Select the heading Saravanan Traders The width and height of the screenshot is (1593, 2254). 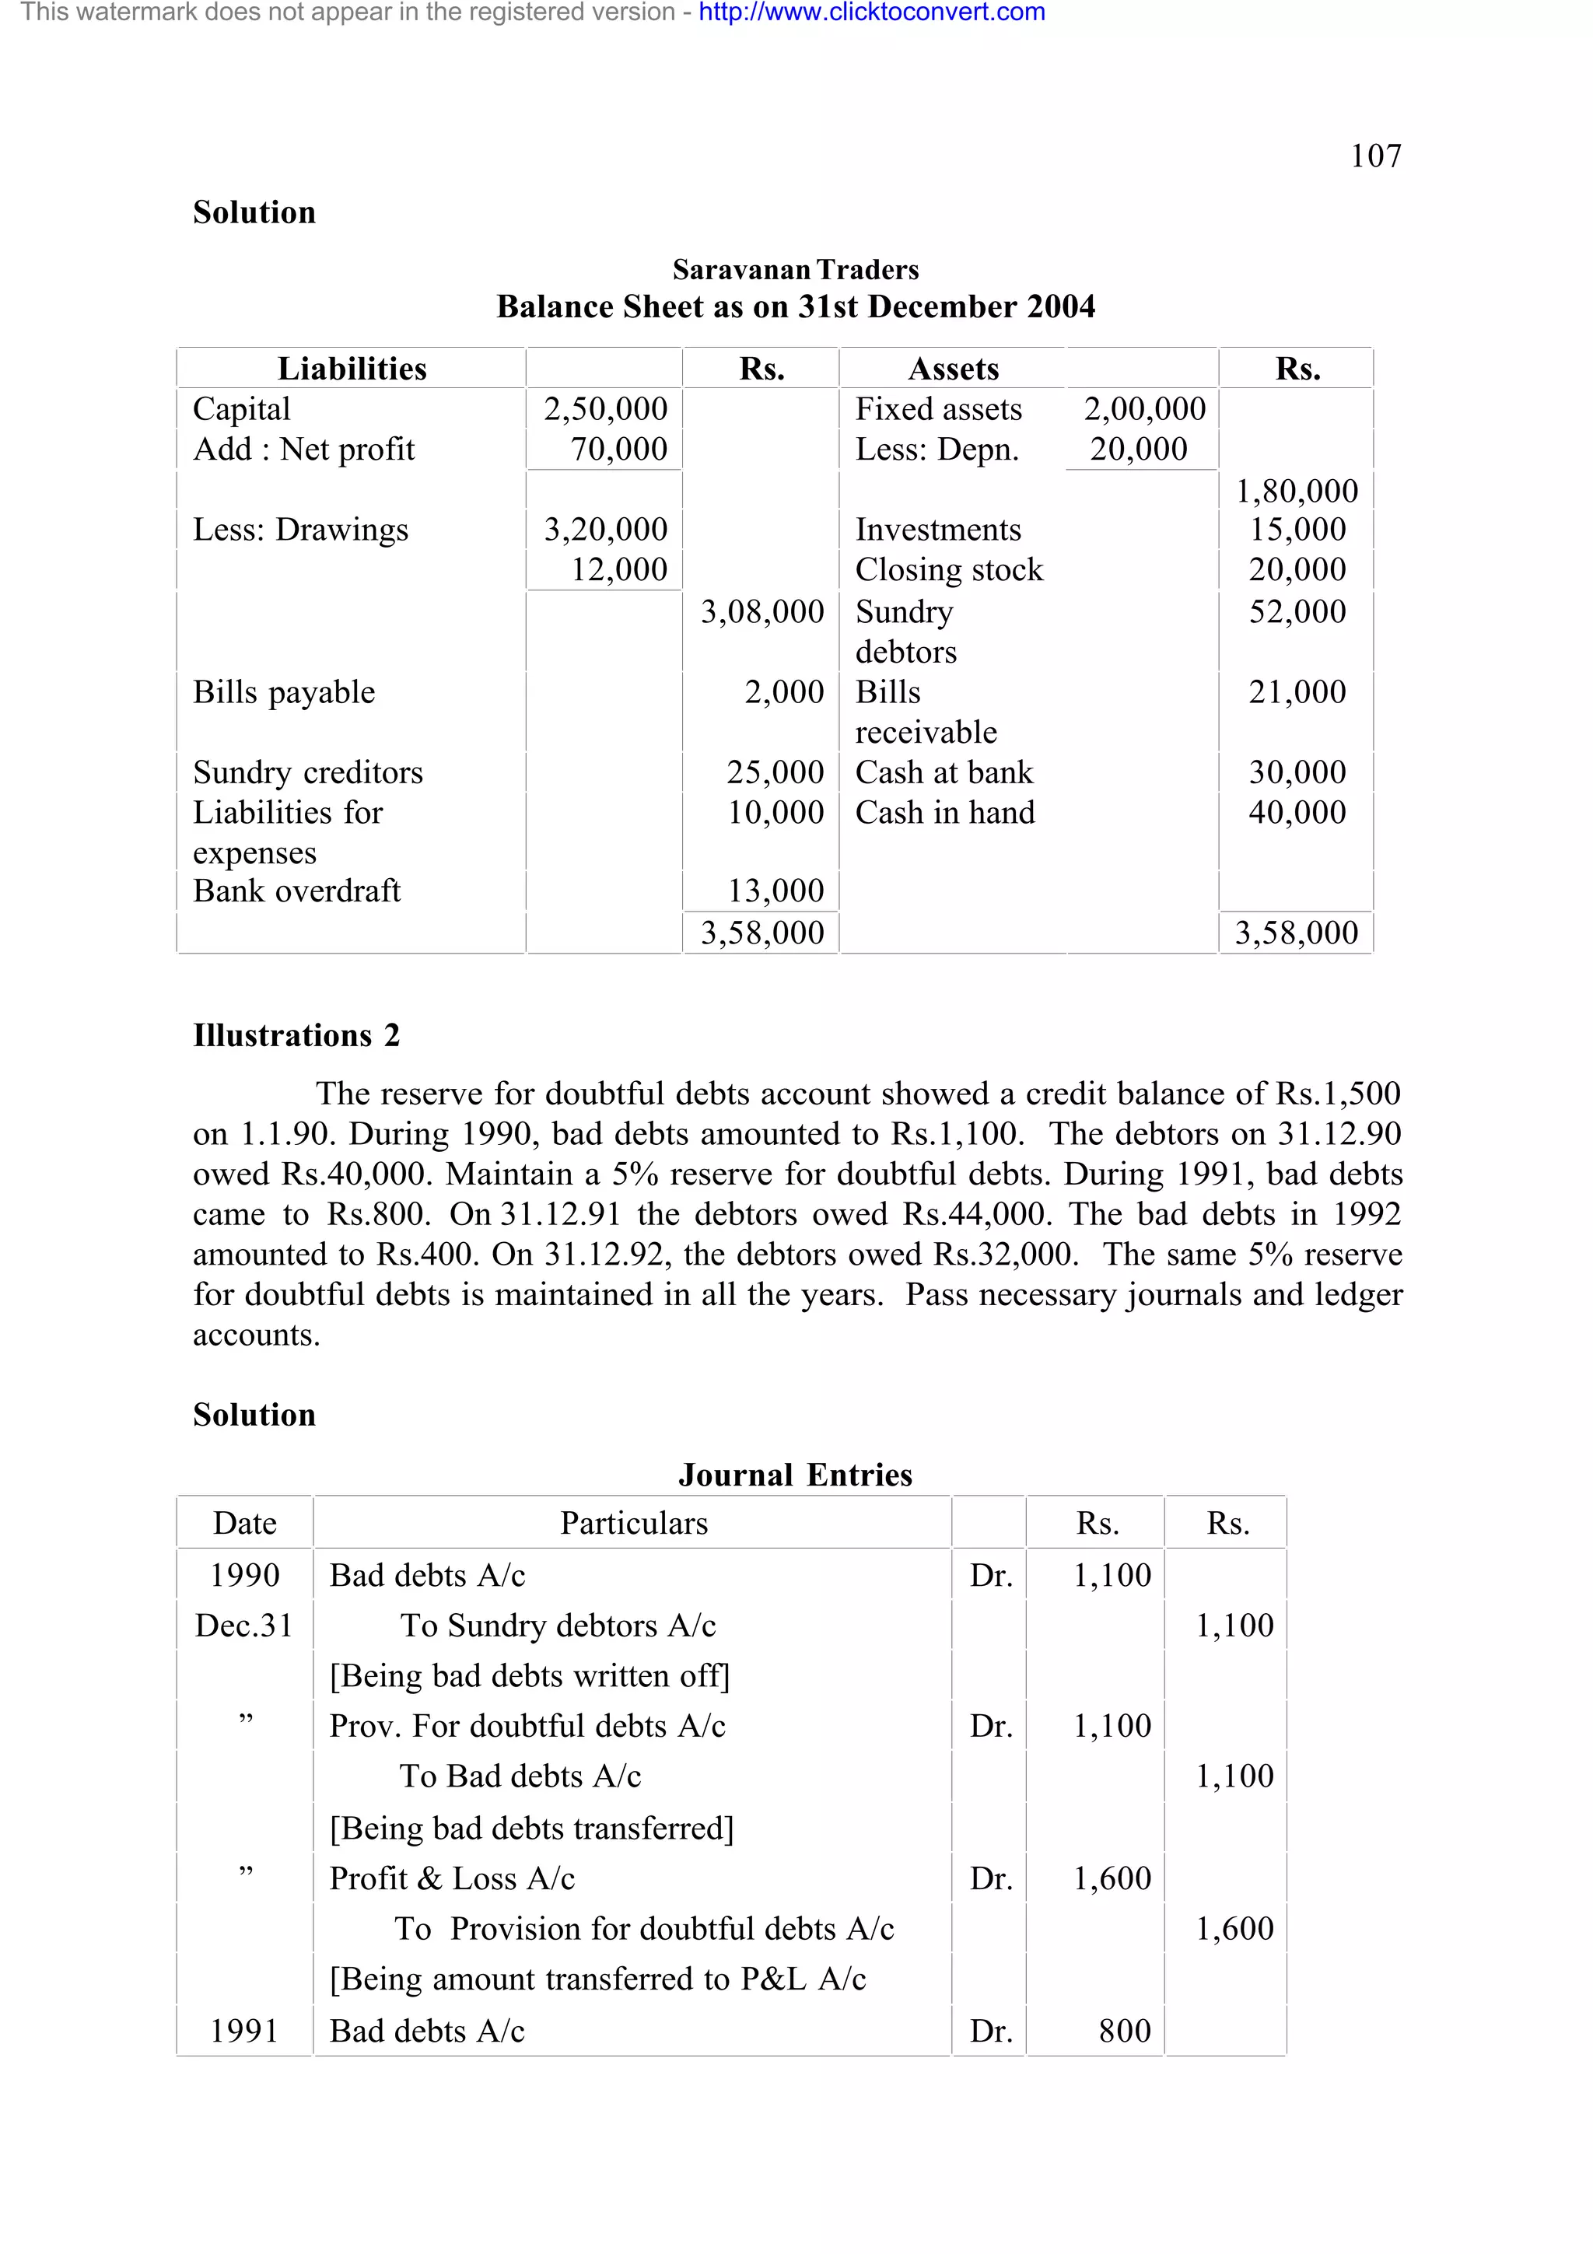(x=795, y=270)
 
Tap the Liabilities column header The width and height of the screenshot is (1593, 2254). (x=352, y=369)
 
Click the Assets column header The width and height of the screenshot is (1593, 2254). (x=952, y=369)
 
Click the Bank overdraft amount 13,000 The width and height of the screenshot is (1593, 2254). (x=775, y=891)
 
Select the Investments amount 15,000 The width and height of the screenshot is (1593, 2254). (x=1297, y=530)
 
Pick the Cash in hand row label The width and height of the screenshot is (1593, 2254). (x=944, y=813)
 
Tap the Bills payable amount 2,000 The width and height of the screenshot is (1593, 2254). (x=783, y=692)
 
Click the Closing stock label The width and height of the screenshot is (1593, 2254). (x=948, y=570)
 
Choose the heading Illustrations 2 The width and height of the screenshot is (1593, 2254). (x=296, y=1036)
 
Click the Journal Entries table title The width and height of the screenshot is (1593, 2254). (x=795, y=1475)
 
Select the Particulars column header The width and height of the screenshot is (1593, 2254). (x=633, y=1523)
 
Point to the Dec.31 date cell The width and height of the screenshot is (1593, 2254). (x=243, y=1626)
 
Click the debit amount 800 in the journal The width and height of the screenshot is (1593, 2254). (x=1124, y=2030)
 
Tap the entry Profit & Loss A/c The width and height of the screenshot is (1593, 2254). (x=451, y=1878)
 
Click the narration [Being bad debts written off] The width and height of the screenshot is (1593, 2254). (x=529, y=1676)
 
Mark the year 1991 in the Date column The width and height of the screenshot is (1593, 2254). (x=243, y=2030)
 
